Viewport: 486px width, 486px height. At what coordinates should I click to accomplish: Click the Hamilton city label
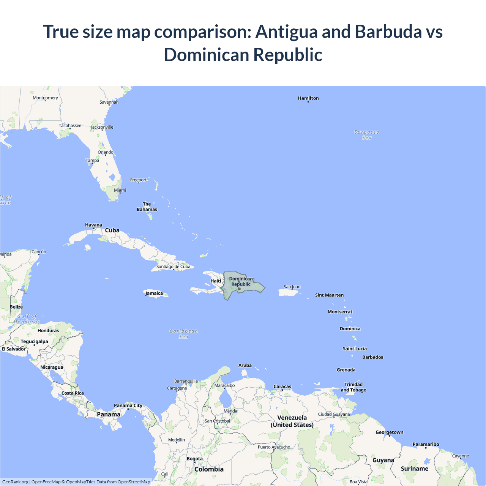pyautogui.click(x=308, y=98)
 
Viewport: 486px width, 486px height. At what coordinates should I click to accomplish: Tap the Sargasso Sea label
pyautogui.click(x=366, y=135)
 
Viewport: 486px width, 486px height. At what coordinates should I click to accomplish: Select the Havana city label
pyautogui.click(x=93, y=225)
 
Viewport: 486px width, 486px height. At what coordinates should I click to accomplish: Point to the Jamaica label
pyautogui.click(x=154, y=293)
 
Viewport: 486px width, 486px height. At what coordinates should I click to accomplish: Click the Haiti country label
pyautogui.click(x=216, y=281)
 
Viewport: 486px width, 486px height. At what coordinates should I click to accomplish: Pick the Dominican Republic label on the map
pyautogui.click(x=241, y=281)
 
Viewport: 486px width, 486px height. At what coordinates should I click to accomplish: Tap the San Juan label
pyautogui.click(x=292, y=287)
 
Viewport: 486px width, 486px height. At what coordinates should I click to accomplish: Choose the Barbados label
pyautogui.click(x=372, y=357)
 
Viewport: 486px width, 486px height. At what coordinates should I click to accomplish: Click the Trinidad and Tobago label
pyautogui.click(x=353, y=387)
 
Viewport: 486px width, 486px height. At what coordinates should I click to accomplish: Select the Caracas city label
pyautogui.click(x=282, y=387)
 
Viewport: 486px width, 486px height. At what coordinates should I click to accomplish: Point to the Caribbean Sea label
pyautogui.click(x=183, y=334)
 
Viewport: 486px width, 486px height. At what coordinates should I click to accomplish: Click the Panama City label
pyautogui.click(x=128, y=406)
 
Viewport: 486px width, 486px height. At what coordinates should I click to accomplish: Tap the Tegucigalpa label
pyautogui.click(x=34, y=341)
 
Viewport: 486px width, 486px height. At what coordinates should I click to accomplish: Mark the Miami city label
pyautogui.click(x=120, y=190)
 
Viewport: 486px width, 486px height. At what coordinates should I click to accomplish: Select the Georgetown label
pyautogui.click(x=389, y=432)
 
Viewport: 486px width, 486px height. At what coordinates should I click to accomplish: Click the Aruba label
pyautogui.click(x=245, y=365)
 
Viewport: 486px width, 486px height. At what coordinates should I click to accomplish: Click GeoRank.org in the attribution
pyautogui.click(x=15, y=482)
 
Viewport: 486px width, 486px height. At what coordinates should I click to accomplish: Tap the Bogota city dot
pyautogui.click(x=195, y=462)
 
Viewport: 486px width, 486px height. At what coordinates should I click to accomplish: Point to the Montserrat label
pyautogui.click(x=340, y=312)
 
